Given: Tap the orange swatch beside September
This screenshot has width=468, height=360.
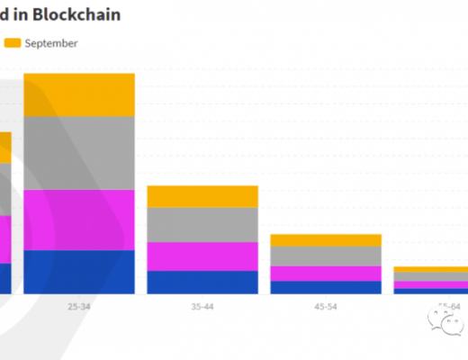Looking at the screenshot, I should tap(13, 42).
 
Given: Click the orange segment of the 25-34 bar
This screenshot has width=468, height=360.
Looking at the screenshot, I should tap(79, 94).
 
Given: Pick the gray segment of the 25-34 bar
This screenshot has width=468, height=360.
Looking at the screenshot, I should tap(79, 153).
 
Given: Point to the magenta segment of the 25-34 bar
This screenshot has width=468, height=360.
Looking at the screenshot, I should tap(79, 220).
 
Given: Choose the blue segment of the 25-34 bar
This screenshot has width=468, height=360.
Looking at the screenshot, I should tap(79, 271).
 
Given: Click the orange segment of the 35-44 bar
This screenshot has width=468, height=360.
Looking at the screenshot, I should tap(202, 196).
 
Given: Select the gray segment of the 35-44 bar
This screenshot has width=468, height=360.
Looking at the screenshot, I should tap(202, 225).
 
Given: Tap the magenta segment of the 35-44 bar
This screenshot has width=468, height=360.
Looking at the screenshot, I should tap(202, 256).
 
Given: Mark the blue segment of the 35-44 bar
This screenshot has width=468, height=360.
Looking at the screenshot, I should tap(202, 282).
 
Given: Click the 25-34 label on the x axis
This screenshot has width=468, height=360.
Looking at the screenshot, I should tap(79, 306).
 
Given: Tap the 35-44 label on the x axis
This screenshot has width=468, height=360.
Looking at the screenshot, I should tap(202, 306).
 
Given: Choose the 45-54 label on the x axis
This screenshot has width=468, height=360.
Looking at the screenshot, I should tap(326, 306).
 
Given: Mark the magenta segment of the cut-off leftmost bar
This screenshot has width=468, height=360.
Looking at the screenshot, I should tap(5, 239).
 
